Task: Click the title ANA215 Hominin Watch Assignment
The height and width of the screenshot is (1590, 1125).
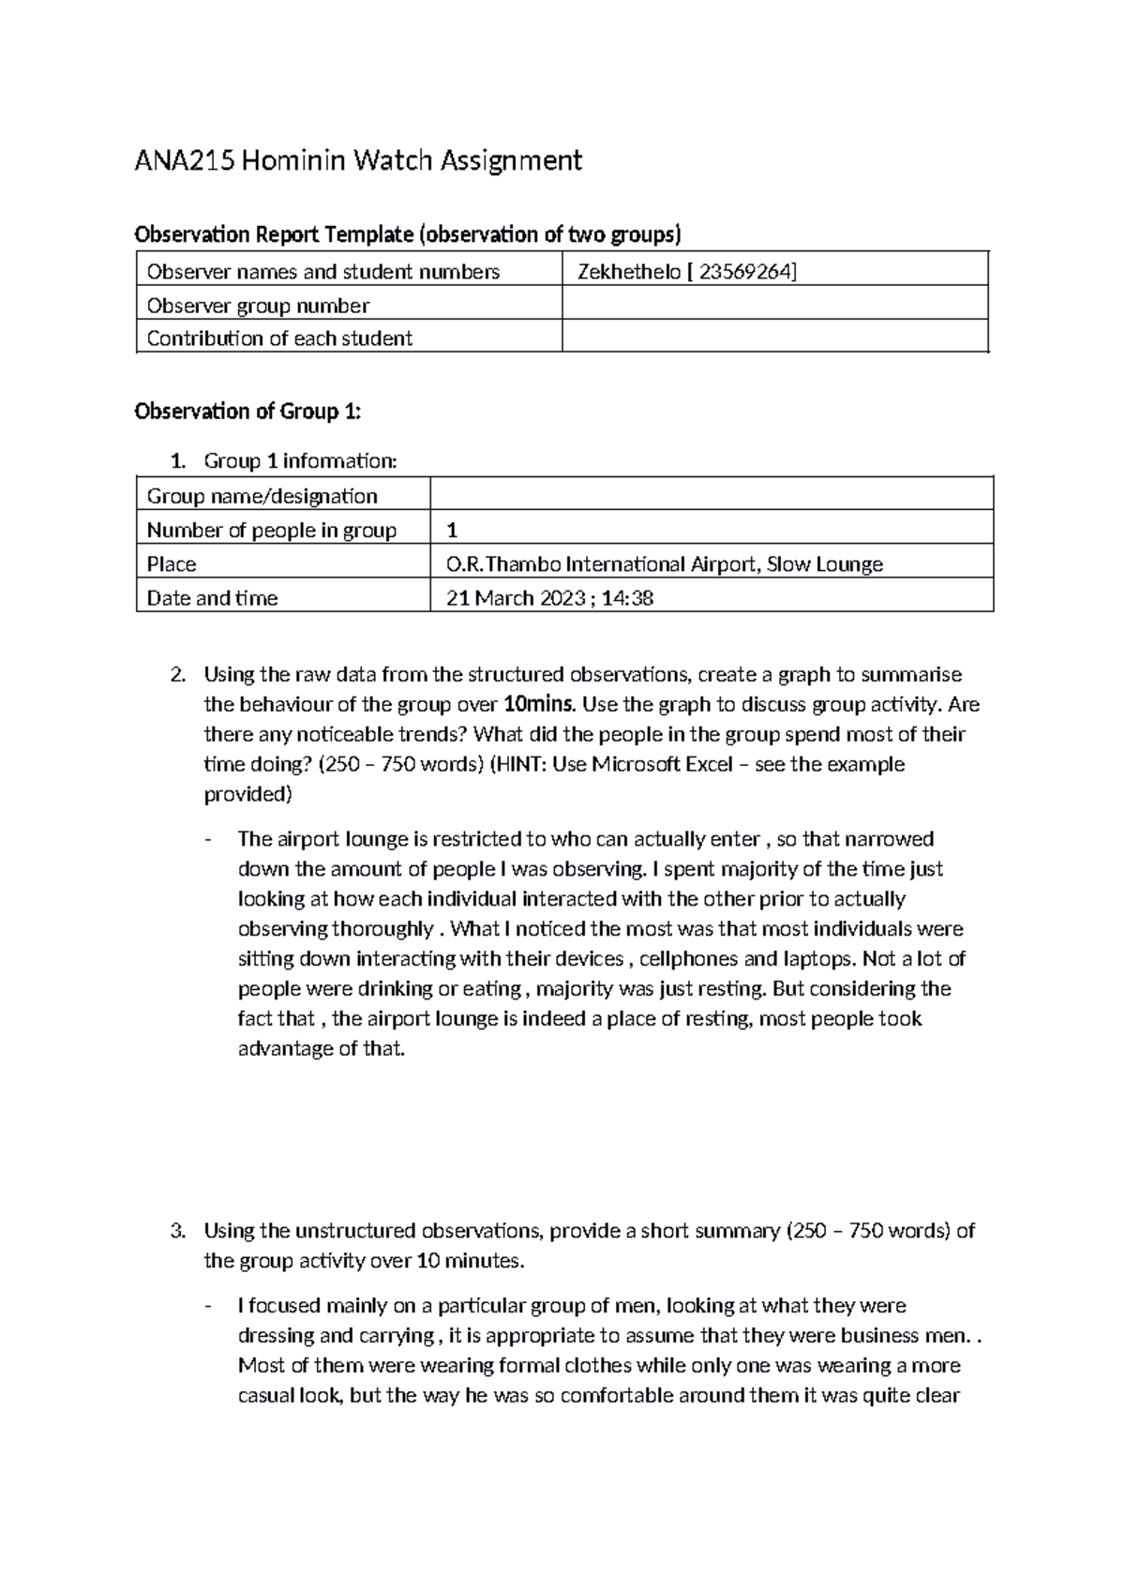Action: coord(358,161)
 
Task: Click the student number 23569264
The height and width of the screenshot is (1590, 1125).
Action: coord(744,272)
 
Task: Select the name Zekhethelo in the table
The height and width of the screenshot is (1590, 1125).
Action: coord(629,272)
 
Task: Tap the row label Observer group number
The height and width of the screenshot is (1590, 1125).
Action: coord(258,306)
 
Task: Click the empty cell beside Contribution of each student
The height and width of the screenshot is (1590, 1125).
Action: coord(774,337)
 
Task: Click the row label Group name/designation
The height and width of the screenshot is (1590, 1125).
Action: coord(262,496)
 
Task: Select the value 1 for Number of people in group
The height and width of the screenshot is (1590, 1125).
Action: coord(452,531)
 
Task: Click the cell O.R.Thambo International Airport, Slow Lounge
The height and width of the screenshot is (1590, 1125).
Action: coord(665,564)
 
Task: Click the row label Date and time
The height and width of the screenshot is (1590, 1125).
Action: coord(212,598)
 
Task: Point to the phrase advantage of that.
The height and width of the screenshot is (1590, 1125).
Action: coord(322,1049)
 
